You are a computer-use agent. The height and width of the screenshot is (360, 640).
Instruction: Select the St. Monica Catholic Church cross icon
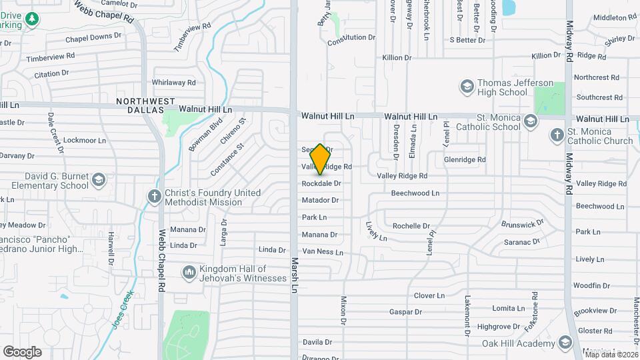557,135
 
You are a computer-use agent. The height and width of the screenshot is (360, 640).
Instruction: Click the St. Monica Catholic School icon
530,121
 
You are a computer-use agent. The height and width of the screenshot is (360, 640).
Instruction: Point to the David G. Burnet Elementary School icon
99,179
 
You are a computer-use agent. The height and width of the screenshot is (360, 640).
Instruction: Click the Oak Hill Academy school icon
565,343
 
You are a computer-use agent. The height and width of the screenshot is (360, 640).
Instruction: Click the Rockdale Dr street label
321,183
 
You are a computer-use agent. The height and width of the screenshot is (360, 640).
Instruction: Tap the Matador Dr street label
321,199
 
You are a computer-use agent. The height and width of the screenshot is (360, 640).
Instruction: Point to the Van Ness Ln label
323,252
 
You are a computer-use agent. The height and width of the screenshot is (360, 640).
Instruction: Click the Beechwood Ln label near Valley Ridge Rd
415,193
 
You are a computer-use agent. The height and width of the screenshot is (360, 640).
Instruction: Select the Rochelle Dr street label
411,226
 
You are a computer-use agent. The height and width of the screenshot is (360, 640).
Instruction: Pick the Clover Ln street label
429,295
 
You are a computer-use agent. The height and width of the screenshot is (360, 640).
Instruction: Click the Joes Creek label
120,311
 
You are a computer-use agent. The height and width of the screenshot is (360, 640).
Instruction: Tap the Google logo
23,351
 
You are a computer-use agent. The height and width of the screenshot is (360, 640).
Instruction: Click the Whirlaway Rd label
173,83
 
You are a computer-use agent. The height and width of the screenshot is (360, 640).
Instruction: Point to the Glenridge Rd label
465,160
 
